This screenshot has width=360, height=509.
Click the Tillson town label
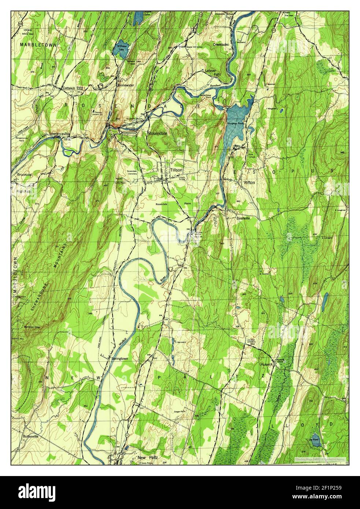click(x=176, y=170)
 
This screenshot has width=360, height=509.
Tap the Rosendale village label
click(x=157, y=134)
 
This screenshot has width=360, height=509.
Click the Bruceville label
click(x=25, y=175)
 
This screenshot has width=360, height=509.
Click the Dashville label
click(x=243, y=218)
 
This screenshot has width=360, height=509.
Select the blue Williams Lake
click(x=121, y=50)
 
